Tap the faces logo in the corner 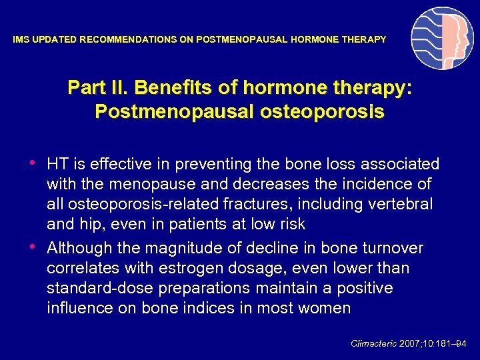442,38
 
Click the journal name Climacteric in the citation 374,343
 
